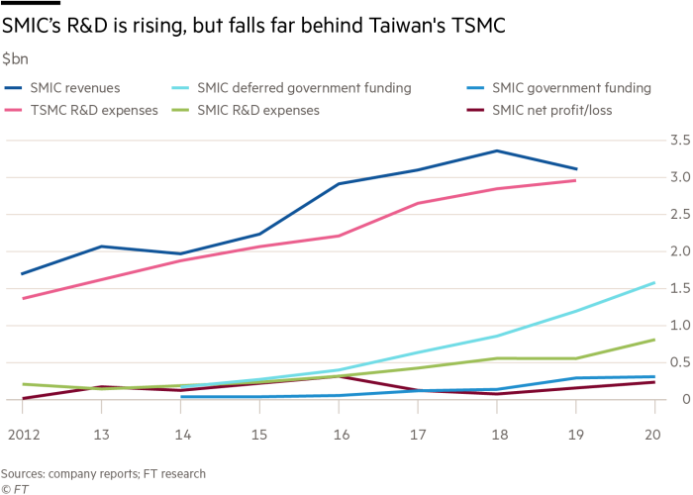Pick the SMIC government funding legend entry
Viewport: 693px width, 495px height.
pyautogui.click(x=560, y=88)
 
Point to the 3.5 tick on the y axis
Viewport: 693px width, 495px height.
pyautogui.click(x=678, y=142)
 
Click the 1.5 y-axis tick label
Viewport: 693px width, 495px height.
pyautogui.click(x=678, y=288)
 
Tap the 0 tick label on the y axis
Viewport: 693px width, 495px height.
pyautogui.click(x=682, y=399)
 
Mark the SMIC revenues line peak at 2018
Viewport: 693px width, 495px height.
pyautogui.click(x=497, y=151)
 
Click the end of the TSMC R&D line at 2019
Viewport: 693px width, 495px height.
pyautogui.click(x=576, y=180)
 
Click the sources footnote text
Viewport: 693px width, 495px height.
pyautogui.click(x=103, y=473)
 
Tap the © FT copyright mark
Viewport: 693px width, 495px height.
pyautogui.click(x=14, y=487)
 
